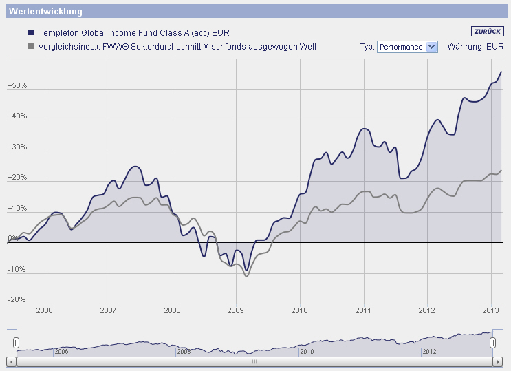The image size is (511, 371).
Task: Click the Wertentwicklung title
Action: (x=45, y=12)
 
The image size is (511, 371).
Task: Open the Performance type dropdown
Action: (x=407, y=47)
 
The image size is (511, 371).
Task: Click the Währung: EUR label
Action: (x=475, y=47)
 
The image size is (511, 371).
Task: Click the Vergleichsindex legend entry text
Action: (x=177, y=47)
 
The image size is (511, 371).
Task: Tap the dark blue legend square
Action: (x=30, y=32)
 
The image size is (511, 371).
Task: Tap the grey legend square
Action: (x=30, y=47)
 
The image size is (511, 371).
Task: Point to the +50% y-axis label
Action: (x=17, y=86)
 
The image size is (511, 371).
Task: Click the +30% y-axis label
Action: (x=17, y=147)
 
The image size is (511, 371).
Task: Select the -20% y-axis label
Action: (x=17, y=300)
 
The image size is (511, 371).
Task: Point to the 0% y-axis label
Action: (x=14, y=239)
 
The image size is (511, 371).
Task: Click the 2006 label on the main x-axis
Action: (x=45, y=310)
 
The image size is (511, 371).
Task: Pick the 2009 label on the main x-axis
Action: (x=236, y=310)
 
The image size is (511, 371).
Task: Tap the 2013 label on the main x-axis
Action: (x=491, y=310)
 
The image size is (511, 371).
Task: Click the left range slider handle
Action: (x=17, y=342)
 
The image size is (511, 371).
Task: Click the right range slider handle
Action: (x=492, y=342)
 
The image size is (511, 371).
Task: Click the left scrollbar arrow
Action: (x=10, y=361)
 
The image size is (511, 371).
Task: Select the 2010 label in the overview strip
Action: (x=307, y=351)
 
